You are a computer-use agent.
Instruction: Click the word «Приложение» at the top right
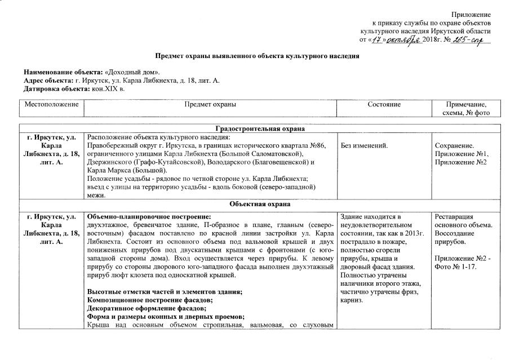(x=471, y=14)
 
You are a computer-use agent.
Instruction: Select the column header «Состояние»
(x=384, y=105)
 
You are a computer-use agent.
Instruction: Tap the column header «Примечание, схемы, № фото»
(x=465, y=109)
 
